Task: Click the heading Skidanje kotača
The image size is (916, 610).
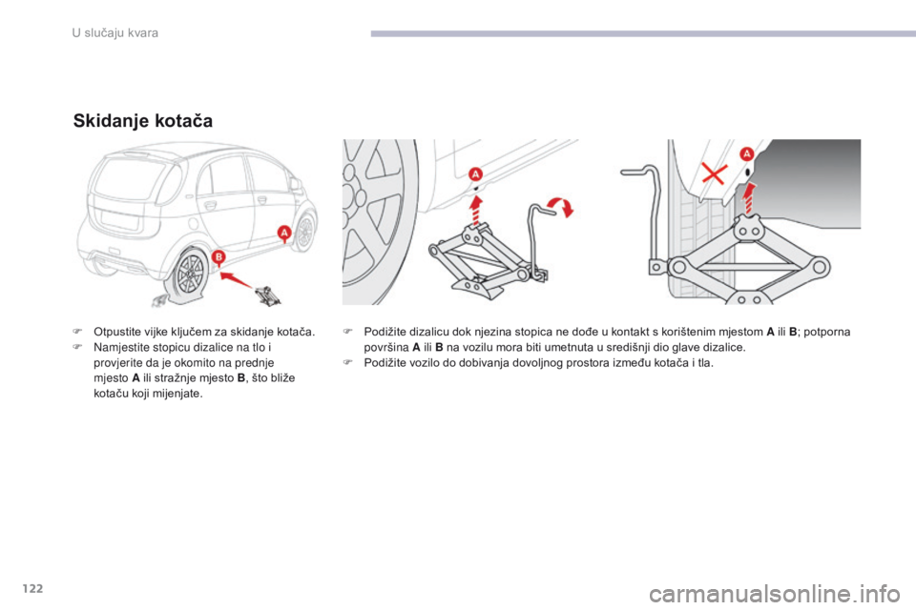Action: [143, 121]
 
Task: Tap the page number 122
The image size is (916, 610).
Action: [32, 588]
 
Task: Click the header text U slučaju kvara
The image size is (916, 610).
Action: [115, 33]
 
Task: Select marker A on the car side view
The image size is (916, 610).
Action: [284, 233]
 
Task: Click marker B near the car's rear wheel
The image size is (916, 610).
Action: [218, 256]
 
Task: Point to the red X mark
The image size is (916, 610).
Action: [714, 173]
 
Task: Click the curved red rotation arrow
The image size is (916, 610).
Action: [560, 206]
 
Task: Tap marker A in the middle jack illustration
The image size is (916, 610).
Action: [475, 174]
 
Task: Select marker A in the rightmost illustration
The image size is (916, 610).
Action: [747, 154]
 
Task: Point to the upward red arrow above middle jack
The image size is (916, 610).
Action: [477, 211]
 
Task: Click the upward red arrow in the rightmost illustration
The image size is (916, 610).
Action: [748, 199]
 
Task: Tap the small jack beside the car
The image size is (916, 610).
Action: [267, 295]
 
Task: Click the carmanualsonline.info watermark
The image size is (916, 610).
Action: [775, 594]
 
